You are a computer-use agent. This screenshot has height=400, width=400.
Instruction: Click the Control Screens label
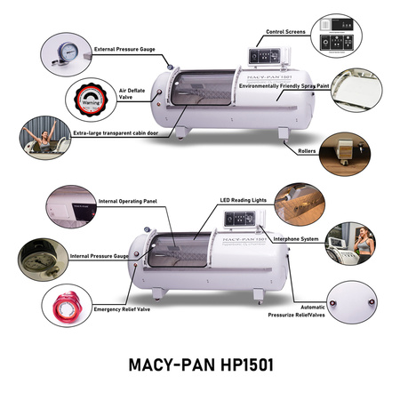[284, 32]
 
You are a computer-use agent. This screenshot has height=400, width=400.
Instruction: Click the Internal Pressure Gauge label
[103, 256]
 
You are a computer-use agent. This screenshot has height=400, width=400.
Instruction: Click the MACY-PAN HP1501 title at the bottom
[199, 366]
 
